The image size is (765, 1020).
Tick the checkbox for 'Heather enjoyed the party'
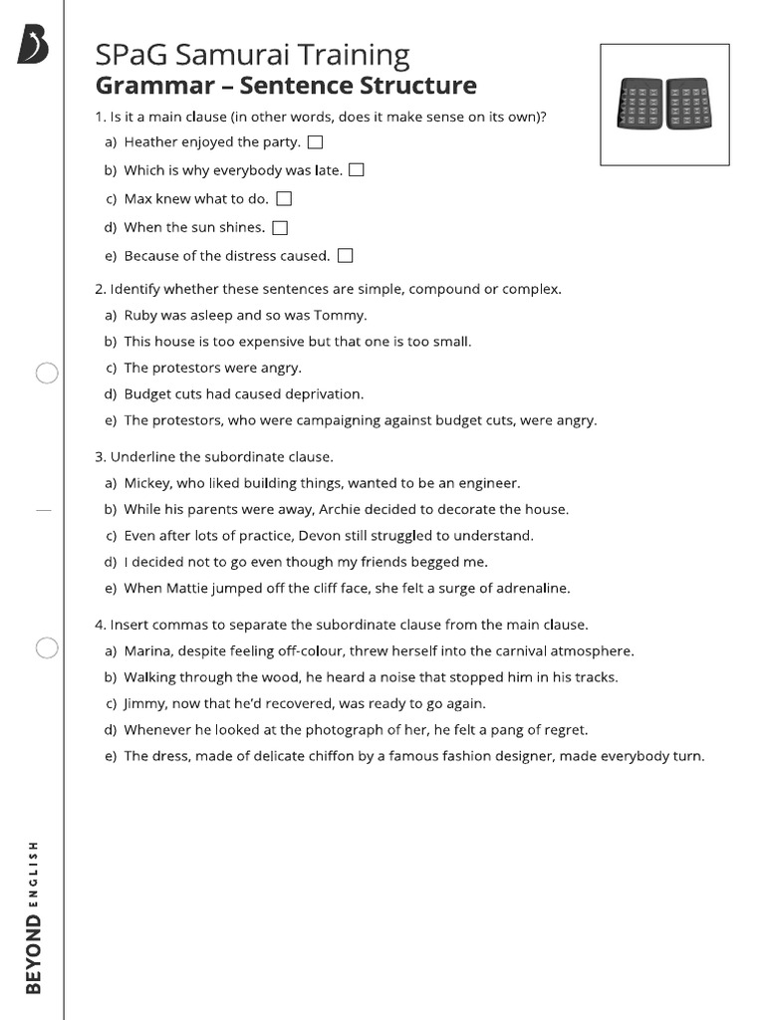point(316,142)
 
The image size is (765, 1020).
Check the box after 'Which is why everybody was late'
point(357,170)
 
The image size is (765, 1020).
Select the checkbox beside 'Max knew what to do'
point(284,199)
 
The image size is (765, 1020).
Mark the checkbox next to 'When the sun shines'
point(280,228)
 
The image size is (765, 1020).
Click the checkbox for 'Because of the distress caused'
point(346,256)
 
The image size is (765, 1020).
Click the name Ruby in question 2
point(141,316)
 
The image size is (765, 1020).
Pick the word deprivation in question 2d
point(324,393)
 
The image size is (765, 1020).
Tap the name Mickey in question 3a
point(147,483)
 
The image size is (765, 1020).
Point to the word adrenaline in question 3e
point(533,588)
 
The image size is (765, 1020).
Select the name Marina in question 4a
point(147,651)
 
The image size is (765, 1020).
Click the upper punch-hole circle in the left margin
point(47,374)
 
